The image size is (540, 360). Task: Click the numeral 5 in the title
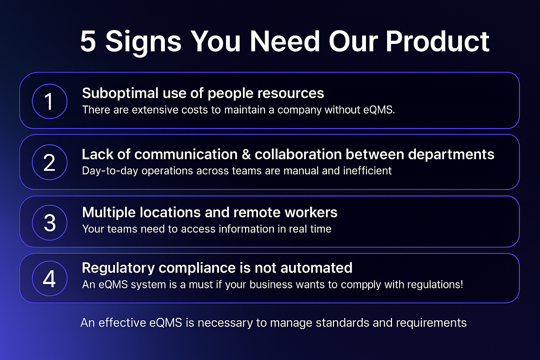point(88,41)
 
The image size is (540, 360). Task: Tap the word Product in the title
point(438,41)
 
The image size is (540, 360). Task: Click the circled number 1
point(50,101)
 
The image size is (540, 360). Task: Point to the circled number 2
point(50,162)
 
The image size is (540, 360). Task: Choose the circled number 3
point(50,223)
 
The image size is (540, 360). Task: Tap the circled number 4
point(50,278)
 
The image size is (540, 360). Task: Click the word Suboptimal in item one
point(120,94)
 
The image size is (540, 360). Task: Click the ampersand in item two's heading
point(246,154)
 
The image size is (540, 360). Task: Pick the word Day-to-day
point(110,171)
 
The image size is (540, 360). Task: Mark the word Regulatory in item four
point(118,269)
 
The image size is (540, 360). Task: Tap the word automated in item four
point(316,268)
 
